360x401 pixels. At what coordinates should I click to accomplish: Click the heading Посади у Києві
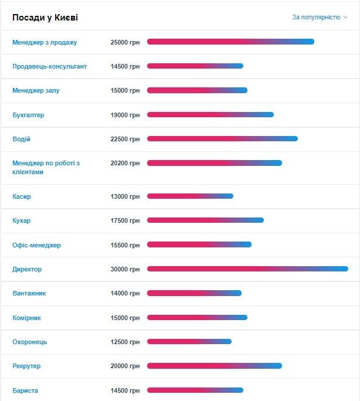click(x=45, y=18)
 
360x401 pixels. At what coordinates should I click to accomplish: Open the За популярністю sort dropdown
click(x=320, y=18)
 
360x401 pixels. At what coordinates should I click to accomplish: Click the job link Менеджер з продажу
click(x=45, y=42)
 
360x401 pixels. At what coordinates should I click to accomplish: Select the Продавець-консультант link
click(x=49, y=66)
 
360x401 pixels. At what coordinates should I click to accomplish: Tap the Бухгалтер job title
click(x=28, y=115)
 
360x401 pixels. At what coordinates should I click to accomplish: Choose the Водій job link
click(x=21, y=139)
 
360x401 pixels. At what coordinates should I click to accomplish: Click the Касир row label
click(x=22, y=196)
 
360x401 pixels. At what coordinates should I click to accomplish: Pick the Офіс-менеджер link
click(x=36, y=245)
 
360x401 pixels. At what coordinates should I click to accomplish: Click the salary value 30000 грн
click(x=125, y=269)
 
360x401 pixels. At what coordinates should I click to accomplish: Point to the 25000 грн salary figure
click(x=125, y=42)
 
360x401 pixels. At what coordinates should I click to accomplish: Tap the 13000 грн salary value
click(x=125, y=196)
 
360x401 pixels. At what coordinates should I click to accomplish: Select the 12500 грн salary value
click(x=125, y=342)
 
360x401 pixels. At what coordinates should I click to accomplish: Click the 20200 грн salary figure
click(x=125, y=163)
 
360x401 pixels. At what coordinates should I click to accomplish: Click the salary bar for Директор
click(x=247, y=269)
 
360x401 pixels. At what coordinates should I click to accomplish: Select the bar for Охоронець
click(x=189, y=342)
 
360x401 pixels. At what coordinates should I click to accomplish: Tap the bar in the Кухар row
click(x=205, y=220)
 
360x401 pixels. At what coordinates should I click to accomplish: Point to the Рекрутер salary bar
click(x=215, y=366)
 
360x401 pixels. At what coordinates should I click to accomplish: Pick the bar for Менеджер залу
click(x=197, y=90)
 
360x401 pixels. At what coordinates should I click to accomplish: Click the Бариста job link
click(x=25, y=390)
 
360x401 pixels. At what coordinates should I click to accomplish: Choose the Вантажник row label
click(x=29, y=293)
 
